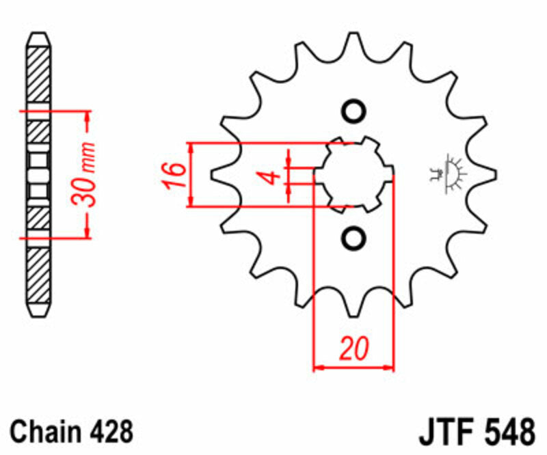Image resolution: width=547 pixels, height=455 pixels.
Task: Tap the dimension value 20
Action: [x=353, y=349]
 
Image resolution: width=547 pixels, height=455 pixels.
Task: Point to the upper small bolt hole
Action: [x=353, y=111]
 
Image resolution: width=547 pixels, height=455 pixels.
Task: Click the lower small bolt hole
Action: [x=353, y=238]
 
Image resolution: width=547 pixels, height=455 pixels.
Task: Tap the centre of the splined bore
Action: [x=353, y=175]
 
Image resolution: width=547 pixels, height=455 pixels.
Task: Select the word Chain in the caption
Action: [x=46, y=432]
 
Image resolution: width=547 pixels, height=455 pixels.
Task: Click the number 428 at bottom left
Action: [x=110, y=432]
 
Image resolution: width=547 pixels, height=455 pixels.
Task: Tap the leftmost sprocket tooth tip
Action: [x=214, y=175]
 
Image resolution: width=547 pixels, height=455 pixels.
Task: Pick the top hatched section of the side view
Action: [x=39, y=75]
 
